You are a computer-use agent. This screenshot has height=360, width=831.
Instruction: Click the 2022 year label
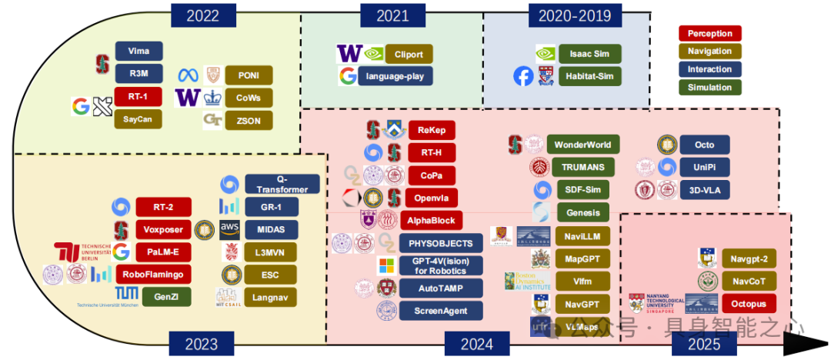click(x=202, y=15)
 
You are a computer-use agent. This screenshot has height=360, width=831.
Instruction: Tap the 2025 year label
click(x=704, y=345)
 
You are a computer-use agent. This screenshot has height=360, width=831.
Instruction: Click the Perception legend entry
click(x=710, y=33)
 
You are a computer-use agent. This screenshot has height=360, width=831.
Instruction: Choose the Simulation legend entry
click(x=710, y=88)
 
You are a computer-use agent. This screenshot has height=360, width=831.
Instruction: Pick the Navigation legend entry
click(x=710, y=52)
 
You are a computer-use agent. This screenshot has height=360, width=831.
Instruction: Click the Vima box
click(x=139, y=52)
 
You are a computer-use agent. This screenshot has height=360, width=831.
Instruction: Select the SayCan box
click(x=139, y=119)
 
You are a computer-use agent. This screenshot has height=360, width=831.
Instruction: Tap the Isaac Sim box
click(x=590, y=55)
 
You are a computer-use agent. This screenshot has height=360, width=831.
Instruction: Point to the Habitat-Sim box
click(x=590, y=76)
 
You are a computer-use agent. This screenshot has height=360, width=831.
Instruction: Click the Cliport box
click(x=409, y=55)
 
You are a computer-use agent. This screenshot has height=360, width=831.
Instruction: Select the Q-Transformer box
click(x=282, y=185)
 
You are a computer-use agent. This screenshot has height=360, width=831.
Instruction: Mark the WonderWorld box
click(x=582, y=144)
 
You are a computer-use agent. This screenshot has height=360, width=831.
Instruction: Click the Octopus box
click(x=749, y=303)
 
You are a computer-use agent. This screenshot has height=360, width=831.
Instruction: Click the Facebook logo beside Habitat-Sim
click(x=523, y=76)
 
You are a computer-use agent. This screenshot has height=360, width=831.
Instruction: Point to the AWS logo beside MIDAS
click(x=230, y=228)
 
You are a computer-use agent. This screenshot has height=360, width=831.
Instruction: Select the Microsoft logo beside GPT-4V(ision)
click(x=385, y=266)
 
